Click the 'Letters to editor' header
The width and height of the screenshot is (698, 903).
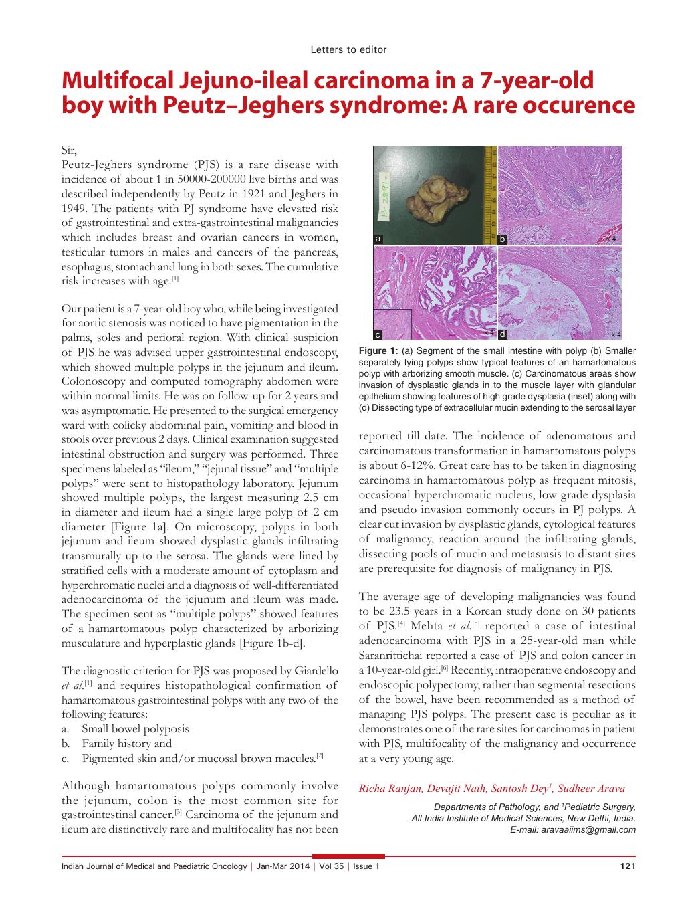pyautogui.click(x=348, y=49)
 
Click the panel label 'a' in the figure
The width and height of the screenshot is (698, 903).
pyautogui.click(x=378, y=239)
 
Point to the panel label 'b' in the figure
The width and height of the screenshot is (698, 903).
pyautogui.click(x=503, y=239)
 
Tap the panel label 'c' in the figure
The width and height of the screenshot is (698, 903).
pyautogui.click(x=378, y=334)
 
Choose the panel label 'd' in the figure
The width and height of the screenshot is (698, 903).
pyautogui.click(x=503, y=334)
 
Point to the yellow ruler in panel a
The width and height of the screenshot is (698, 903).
pyautogui.click(x=490, y=194)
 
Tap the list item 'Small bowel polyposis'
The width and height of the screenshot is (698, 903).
pyautogui.click(x=135, y=729)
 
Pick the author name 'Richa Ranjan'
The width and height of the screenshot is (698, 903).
pyautogui.click(x=390, y=789)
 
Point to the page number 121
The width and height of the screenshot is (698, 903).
pyautogui.click(x=627, y=867)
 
